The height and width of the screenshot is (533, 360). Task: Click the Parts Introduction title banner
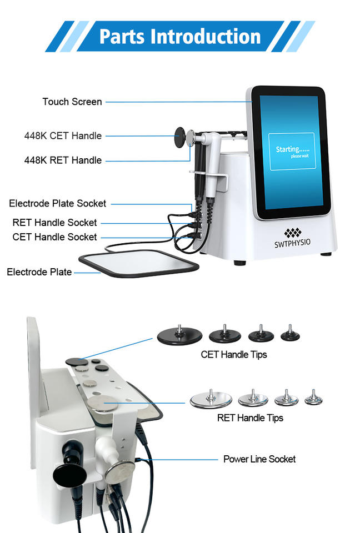(x=180, y=37)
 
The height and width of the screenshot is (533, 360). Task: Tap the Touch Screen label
(x=72, y=102)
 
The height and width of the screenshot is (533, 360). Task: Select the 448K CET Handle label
(x=63, y=135)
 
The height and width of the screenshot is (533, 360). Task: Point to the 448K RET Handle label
(x=63, y=160)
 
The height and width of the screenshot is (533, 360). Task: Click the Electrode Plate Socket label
(x=58, y=203)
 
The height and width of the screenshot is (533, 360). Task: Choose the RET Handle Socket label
(x=55, y=222)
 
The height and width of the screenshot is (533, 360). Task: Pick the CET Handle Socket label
(x=55, y=237)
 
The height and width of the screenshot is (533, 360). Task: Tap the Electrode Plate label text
(x=39, y=272)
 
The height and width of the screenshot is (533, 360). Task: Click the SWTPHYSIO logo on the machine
(x=293, y=238)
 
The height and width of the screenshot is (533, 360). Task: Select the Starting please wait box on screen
(x=292, y=151)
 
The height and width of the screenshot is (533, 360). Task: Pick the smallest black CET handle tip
(x=290, y=334)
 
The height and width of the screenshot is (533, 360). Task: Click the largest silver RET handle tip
(x=211, y=399)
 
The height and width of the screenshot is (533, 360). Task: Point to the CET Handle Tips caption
(x=234, y=355)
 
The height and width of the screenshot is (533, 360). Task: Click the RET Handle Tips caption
(x=250, y=418)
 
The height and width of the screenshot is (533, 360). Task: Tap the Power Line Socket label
(x=259, y=459)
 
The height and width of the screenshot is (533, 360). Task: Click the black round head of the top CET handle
(x=180, y=137)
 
